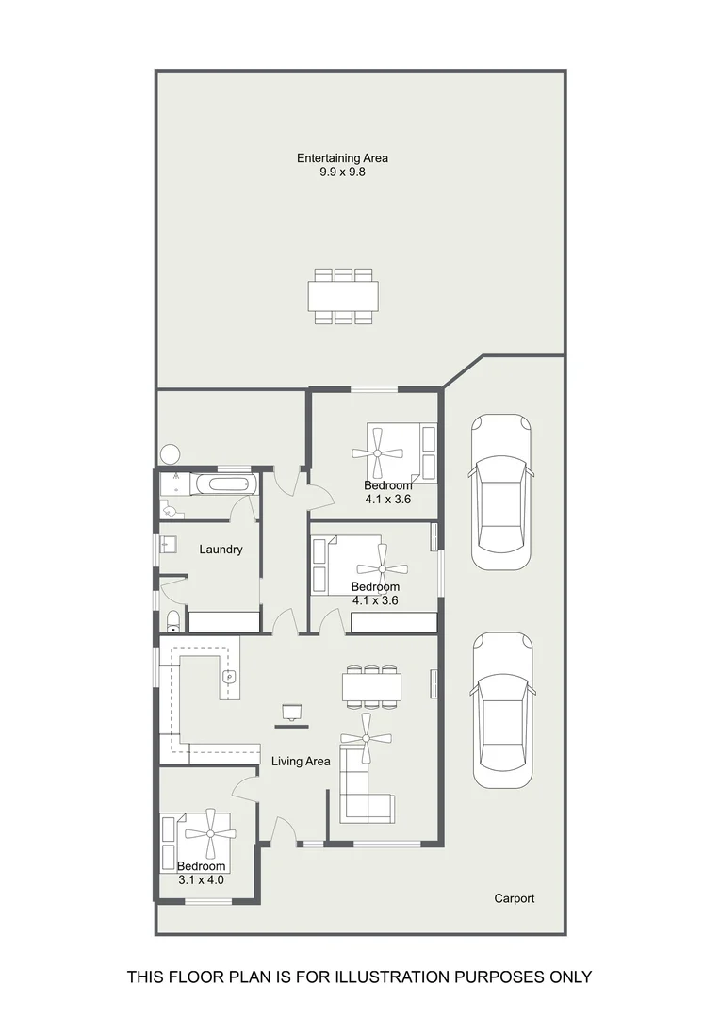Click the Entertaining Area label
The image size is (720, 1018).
click(342, 157)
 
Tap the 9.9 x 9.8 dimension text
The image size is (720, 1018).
click(342, 172)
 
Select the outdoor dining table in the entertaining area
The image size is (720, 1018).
click(343, 296)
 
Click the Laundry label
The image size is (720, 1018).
click(221, 550)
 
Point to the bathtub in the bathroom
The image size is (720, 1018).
click(224, 484)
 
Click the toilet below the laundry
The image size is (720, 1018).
click(172, 622)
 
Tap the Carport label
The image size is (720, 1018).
click(515, 898)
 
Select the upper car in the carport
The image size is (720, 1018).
click(501, 492)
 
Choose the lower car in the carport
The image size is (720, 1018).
click(502, 711)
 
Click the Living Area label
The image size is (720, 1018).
click(301, 761)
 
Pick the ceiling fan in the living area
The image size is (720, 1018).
click(367, 738)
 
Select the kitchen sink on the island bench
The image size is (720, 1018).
click(230, 677)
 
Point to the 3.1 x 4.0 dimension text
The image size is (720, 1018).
click(202, 880)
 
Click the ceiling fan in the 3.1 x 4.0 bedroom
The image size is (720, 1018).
click(210, 833)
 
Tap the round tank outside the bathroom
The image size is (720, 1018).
click(170, 453)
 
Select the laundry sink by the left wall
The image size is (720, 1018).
click(168, 544)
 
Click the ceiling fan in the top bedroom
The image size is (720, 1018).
click(378, 452)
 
